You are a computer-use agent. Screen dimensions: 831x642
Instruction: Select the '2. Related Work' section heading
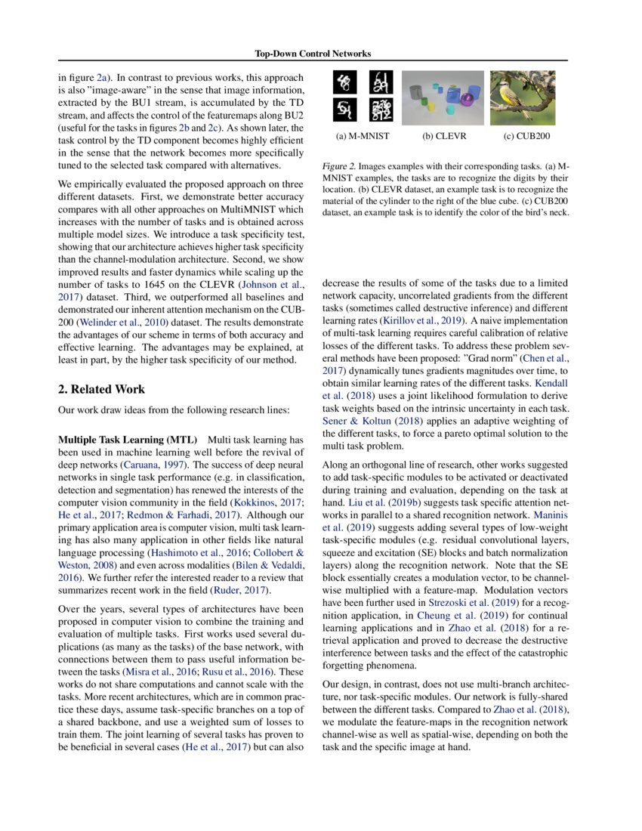pos(101,389)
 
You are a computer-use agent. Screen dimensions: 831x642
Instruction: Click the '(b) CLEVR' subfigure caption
pos(443,137)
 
